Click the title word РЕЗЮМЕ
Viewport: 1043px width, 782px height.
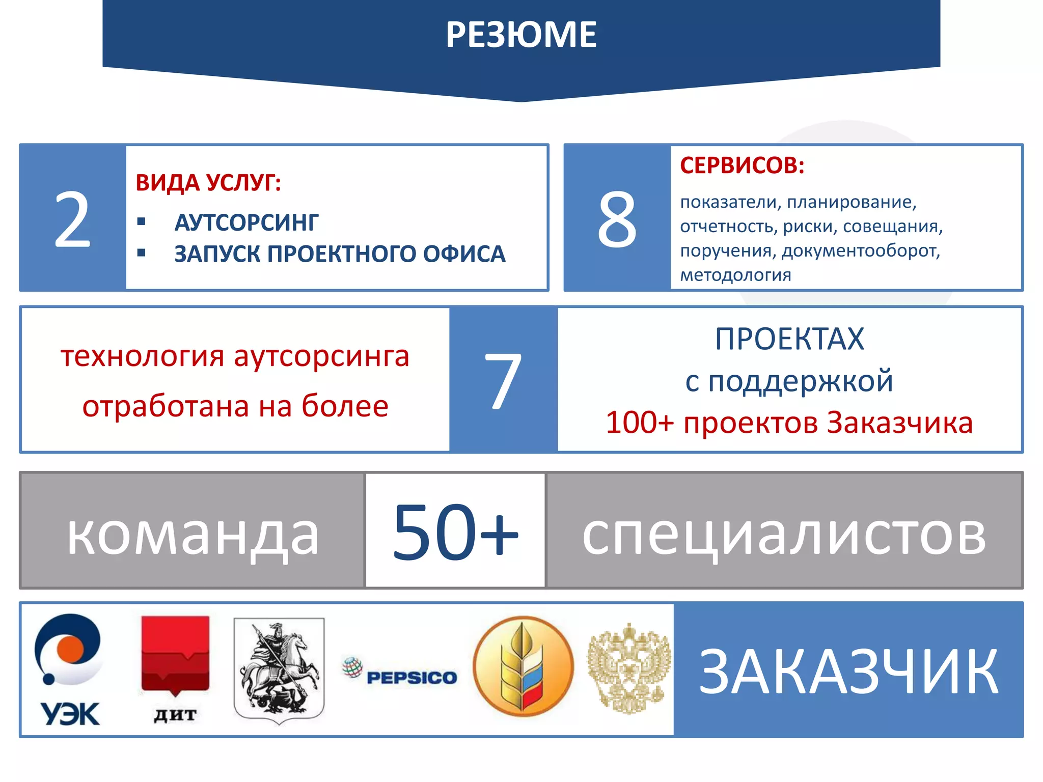[x=521, y=35]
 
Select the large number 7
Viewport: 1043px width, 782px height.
[x=503, y=380]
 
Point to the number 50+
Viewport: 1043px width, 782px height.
[x=455, y=530]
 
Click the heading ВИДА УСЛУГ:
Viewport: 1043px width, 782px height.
[x=208, y=182]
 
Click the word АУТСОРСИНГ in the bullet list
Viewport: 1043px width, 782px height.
[x=246, y=223]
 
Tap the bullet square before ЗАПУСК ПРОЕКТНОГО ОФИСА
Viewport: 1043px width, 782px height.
[x=142, y=253]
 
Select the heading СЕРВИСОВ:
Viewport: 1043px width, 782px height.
[x=742, y=165]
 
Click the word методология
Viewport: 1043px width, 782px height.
[x=735, y=275]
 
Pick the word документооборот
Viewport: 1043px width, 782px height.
[x=861, y=250]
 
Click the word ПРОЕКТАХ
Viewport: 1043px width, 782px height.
[x=789, y=339]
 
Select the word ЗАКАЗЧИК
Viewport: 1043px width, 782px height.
[x=848, y=671]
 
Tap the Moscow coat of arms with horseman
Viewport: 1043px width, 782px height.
[x=279, y=669]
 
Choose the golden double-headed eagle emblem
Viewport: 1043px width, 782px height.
[x=629, y=667]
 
